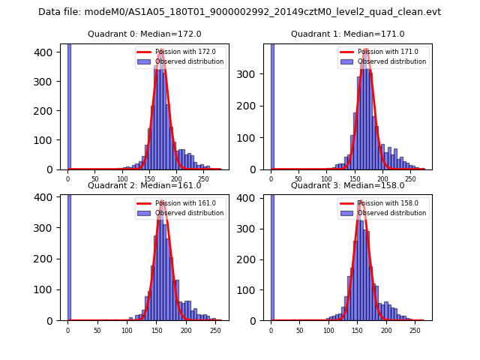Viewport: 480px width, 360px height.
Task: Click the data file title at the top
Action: coord(239,12)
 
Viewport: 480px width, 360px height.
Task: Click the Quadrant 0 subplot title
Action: coord(145,34)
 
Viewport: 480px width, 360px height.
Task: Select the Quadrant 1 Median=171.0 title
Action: coord(347,34)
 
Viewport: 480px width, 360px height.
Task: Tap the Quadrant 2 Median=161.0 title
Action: coord(145,185)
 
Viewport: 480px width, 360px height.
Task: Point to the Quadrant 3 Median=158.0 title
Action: coord(347,185)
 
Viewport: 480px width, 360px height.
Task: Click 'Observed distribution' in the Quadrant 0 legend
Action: coord(193,61)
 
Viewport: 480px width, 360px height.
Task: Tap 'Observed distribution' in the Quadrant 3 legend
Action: coord(396,213)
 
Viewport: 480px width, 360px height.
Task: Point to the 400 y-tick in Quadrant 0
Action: coord(49,52)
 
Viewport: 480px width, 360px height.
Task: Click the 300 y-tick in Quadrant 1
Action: coord(252,75)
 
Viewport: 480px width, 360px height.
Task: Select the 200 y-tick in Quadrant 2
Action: coord(49,259)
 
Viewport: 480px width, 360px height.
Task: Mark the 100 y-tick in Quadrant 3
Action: coord(252,289)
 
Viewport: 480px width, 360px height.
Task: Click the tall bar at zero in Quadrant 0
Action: coord(69,105)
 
